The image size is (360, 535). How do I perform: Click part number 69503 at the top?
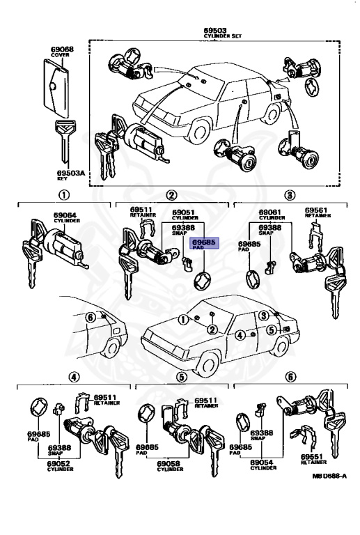(214, 31)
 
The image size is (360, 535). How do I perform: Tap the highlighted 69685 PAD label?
(205, 242)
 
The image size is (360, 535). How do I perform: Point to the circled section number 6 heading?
(290, 378)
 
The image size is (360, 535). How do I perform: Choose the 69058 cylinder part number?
(170, 462)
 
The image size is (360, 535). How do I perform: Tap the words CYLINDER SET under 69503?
(214, 36)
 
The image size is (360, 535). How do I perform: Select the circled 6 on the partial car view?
(90, 318)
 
